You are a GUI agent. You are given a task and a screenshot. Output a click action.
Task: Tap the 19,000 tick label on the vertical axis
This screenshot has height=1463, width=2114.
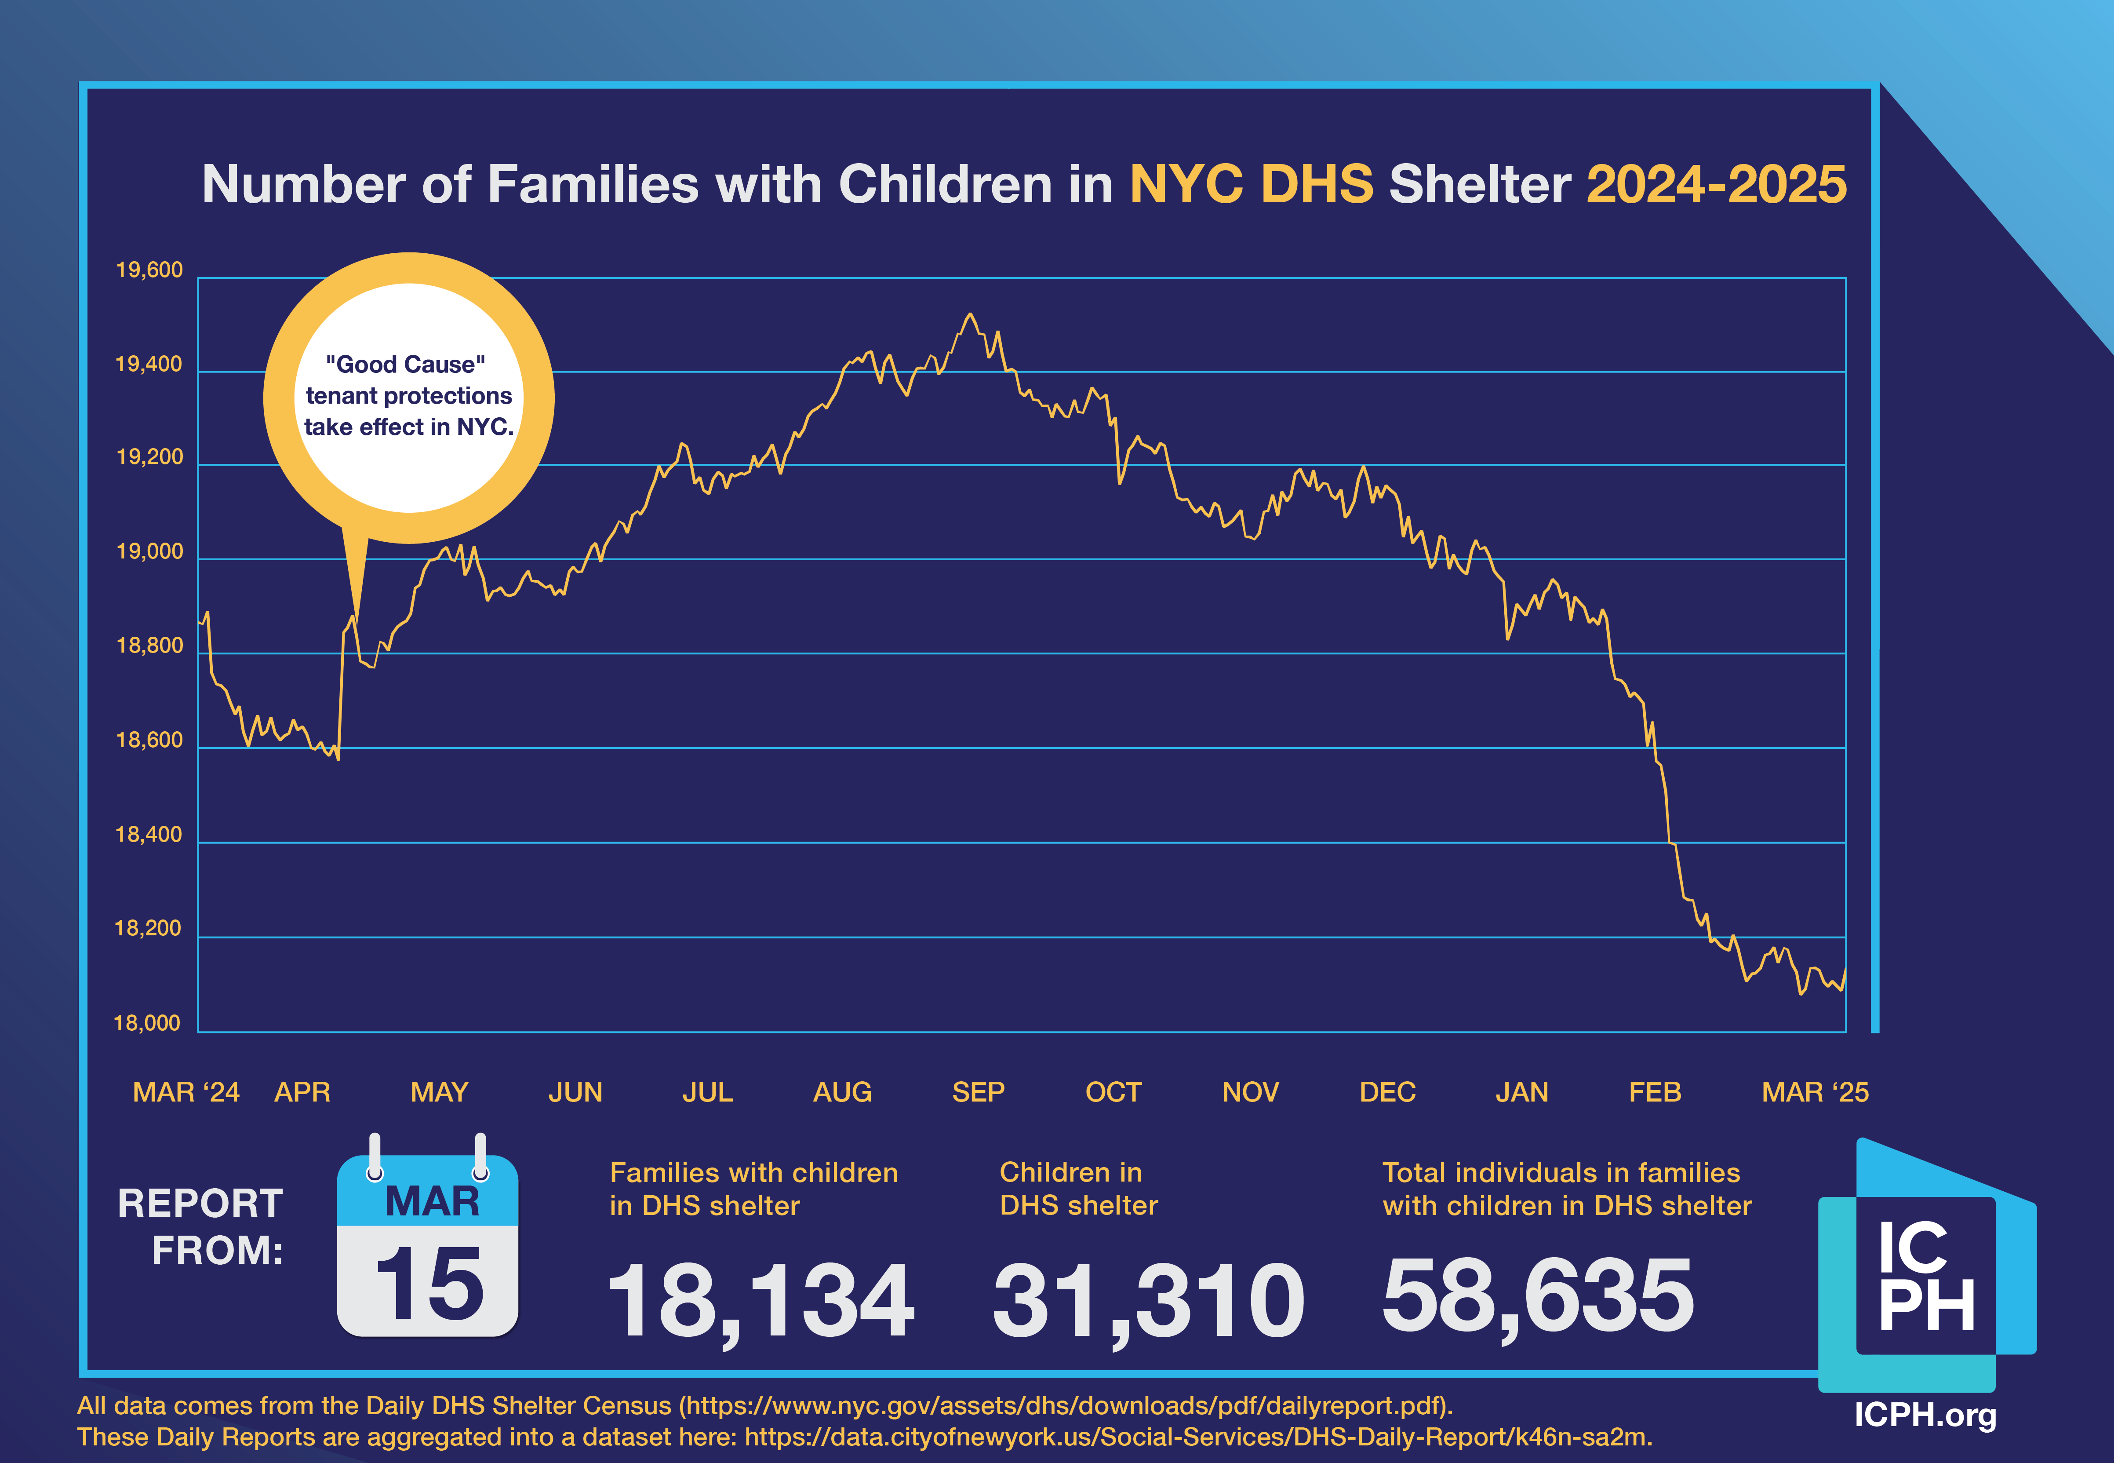149,552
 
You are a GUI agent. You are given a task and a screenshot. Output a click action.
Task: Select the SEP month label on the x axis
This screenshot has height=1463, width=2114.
978,1092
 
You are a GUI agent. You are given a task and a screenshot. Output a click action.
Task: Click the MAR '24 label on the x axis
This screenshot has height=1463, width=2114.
186,1092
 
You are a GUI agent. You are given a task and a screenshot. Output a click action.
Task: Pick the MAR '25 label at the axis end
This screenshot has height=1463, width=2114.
1814,1092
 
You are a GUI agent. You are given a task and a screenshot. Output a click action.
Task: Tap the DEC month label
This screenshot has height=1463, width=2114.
1387,1092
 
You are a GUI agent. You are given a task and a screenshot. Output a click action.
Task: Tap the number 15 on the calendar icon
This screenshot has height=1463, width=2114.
429,1283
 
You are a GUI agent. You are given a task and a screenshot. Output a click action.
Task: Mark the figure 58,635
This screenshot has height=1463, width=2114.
1538,1296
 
